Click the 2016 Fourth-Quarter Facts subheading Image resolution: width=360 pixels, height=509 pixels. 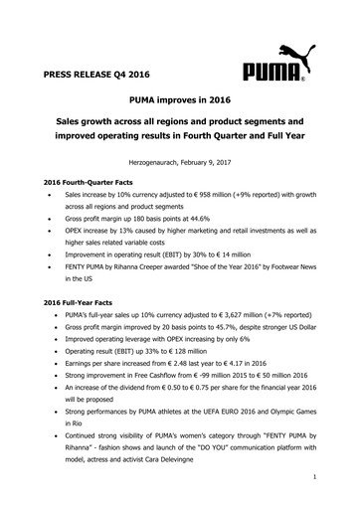click(x=86, y=185)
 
